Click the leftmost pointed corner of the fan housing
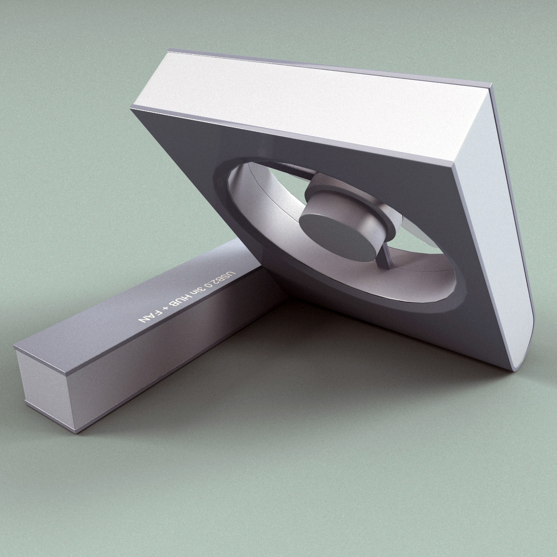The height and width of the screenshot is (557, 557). (132, 108)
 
